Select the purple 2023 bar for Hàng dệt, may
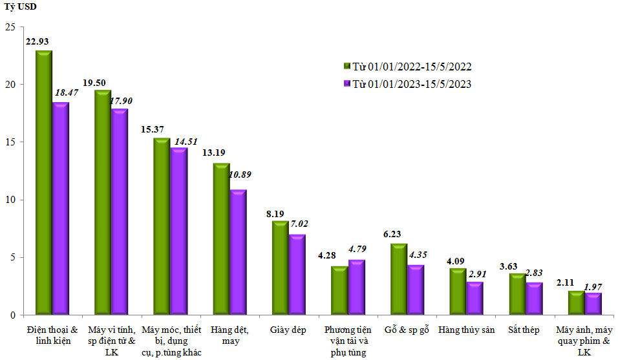238,252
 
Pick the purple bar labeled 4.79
356,288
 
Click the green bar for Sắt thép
517,294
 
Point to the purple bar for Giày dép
297,275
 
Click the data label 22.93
37,41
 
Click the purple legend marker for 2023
346,84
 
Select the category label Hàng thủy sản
466,330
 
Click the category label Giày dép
288,330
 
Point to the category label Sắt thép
524,330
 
